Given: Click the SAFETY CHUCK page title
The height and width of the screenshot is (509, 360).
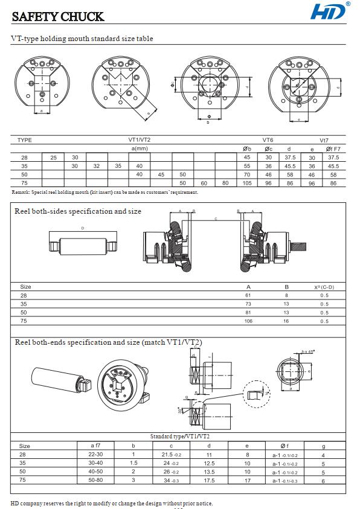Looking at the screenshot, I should tap(58, 17).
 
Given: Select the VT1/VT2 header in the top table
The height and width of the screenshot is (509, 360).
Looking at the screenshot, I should tap(140, 140).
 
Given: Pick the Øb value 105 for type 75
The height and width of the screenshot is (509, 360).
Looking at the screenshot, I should tap(246, 183).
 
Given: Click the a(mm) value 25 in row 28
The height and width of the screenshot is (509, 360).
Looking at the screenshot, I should tap(53, 157).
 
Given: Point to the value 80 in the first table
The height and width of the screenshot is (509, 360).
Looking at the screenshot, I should tap(225, 183).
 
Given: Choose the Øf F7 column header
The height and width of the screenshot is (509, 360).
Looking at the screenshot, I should tap(333, 149).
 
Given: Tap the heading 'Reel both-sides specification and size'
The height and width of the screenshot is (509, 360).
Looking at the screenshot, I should tap(78, 211).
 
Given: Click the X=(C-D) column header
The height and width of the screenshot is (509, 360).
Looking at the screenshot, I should tap(324, 287).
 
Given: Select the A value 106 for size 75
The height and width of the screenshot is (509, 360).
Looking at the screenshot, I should tap(248, 321).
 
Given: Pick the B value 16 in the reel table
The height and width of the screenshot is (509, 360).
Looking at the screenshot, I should tap(286, 321).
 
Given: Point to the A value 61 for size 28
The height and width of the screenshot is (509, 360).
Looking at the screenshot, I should tap(248, 295).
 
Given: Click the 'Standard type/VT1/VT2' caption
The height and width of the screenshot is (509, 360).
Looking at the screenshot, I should tap(180, 436).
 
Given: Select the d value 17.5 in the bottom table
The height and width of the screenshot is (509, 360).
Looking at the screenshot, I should tap(209, 481).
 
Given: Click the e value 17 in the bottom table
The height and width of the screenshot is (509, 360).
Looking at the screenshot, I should tap(247, 481).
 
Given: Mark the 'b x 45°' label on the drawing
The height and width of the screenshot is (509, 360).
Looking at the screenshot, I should tap(308, 351).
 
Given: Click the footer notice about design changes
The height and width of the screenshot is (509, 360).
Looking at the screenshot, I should tap(112, 503).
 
